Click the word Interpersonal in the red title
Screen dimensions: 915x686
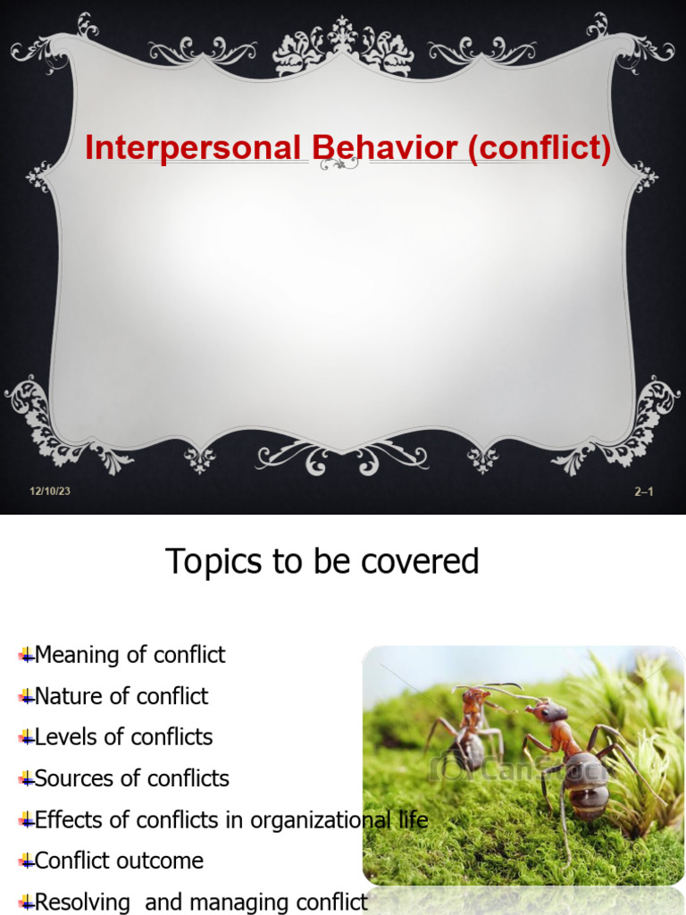tap(192, 148)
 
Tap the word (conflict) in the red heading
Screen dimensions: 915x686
tap(539, 148)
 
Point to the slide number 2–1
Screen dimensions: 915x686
tap(643, 491)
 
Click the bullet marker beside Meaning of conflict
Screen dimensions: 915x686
tap(26, 656)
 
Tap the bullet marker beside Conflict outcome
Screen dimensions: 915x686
tap(26, 861)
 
